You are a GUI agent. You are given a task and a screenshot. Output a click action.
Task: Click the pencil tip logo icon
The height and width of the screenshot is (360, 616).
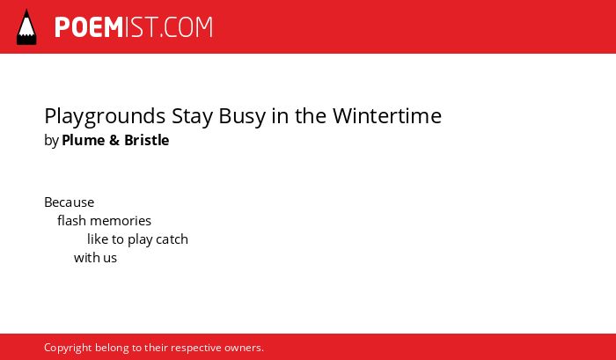[x=26, y=27]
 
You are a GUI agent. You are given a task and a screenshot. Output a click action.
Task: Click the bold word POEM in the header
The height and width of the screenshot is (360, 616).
[x=89, y=27]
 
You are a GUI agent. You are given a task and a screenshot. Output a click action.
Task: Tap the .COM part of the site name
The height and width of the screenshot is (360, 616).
[x=187, y=27]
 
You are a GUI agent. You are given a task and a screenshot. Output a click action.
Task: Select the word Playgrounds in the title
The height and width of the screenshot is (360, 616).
[x=105, y=117]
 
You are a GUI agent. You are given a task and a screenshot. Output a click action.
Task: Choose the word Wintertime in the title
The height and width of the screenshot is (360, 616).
[x=387, y=116]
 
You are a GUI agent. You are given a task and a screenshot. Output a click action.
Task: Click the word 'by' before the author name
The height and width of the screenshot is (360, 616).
[x=51, y=141]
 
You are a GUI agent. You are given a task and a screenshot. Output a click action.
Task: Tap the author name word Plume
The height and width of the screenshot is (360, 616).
[x=84, y=140]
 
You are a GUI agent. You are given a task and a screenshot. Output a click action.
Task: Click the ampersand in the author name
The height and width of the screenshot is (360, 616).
[x=114, y=140]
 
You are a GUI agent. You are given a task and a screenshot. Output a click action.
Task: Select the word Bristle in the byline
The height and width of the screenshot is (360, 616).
[x=147, y=140]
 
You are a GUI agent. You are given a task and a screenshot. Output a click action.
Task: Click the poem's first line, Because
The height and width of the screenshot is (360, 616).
[x=70, y=202]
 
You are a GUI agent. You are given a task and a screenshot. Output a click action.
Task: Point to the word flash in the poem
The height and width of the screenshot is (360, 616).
[x=71, y=221]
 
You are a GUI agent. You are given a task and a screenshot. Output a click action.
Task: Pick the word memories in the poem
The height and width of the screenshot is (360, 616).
[x=121, y=221]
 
